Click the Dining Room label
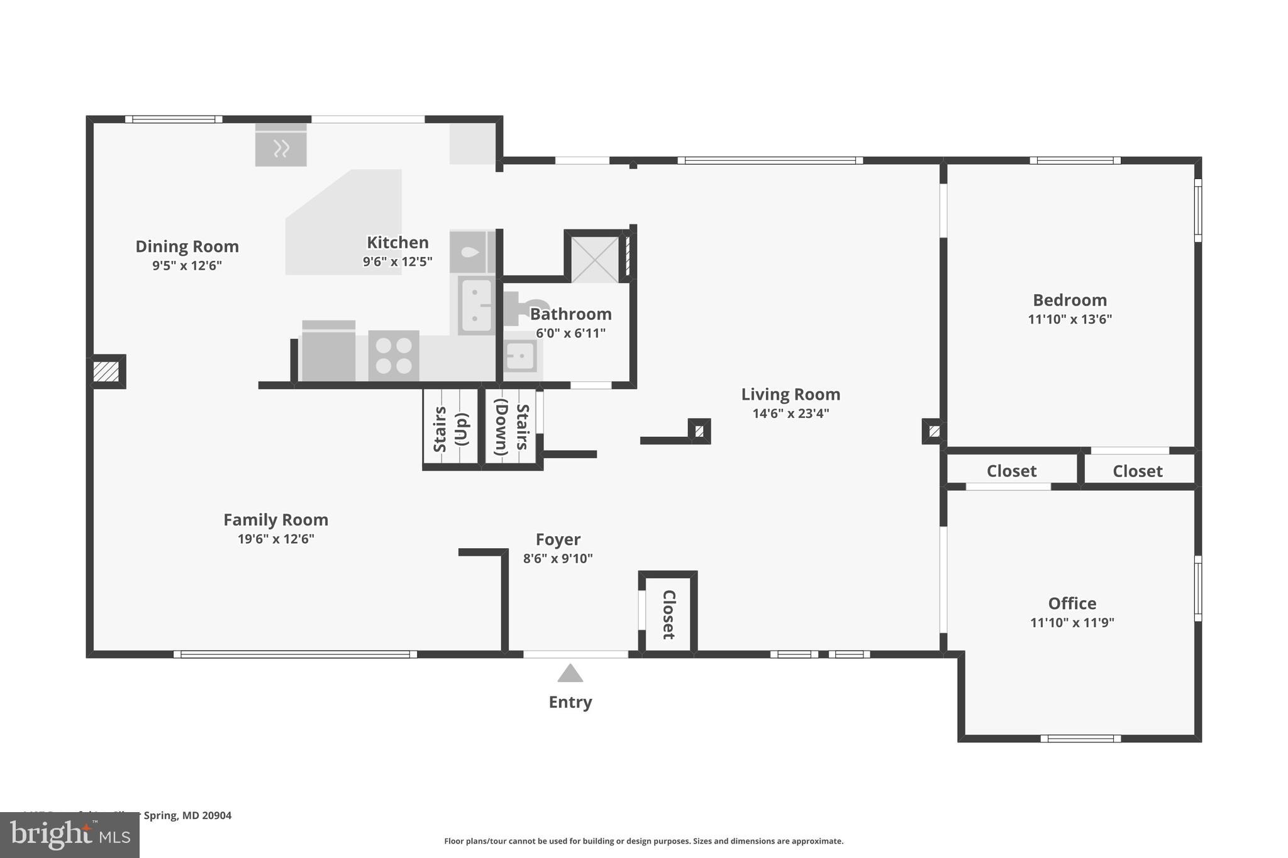coord(187,246)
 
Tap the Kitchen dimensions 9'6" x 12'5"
coord(397,261)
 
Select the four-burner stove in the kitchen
coord(394,356)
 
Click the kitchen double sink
coord(476,305)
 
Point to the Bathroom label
coord(570,314)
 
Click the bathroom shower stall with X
coord(594,260)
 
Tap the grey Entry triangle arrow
coord(570,674)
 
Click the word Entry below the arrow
coord(570,702)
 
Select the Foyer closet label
coord(669,614)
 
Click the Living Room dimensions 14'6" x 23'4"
coord(791,414)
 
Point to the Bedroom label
coord(1069,300)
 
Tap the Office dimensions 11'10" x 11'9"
coord(1072,623)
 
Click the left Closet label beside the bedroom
coord(1011,471)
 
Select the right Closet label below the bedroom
coord(1137,471)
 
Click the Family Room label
coord(275,520)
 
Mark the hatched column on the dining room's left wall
coord(106,371)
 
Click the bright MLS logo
coord(69,835)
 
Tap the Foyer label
coord(558,539)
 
